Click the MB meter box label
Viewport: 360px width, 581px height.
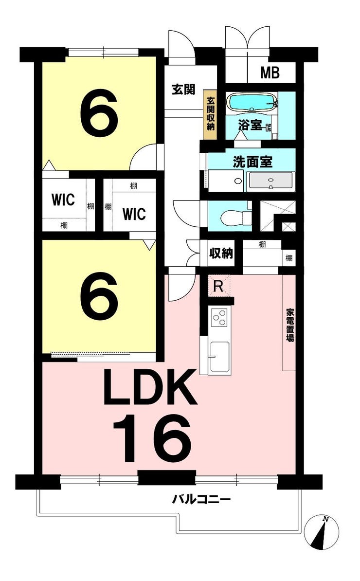270,73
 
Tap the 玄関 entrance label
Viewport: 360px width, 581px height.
183,90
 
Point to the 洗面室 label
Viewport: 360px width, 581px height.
252,162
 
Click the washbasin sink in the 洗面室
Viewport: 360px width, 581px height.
271,182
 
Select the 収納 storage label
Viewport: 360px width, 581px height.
221,254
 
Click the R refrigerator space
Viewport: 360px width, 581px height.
219,286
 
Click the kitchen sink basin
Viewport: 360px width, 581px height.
219,357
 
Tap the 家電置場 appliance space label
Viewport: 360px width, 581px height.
289,325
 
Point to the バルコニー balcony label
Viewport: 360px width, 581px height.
201,500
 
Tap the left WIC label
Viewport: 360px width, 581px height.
63,200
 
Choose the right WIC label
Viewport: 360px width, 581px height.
134,214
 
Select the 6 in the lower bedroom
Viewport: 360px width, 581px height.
99,295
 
